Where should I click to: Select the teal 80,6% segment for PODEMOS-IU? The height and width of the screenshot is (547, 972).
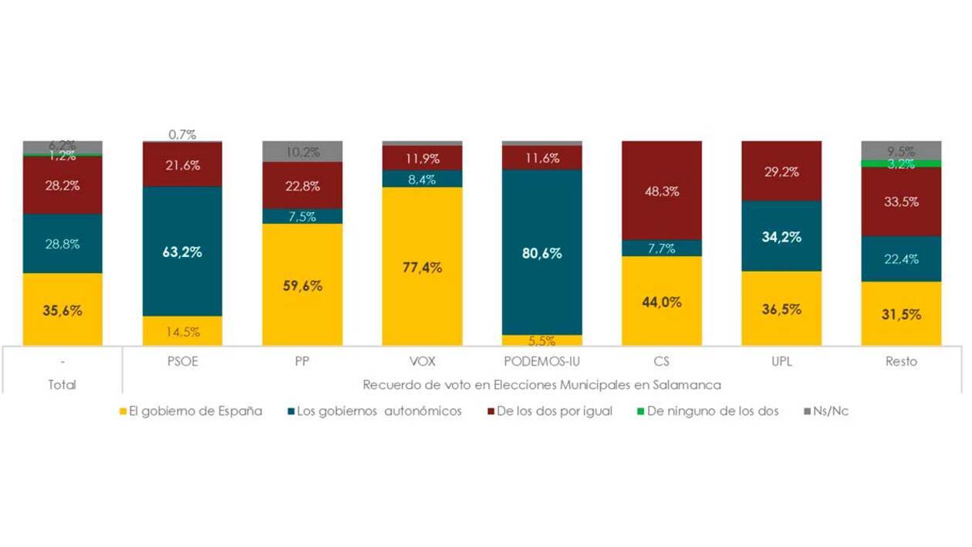(542, 252)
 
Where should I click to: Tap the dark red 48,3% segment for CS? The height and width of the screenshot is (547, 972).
(662, 191)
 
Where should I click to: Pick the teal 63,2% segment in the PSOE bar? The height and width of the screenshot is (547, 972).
(183, 252)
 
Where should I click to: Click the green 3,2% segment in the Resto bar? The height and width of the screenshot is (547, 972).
(901, 164)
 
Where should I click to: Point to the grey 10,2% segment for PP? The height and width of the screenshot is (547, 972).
(302, 152)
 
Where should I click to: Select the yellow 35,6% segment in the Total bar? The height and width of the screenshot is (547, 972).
(62, 309)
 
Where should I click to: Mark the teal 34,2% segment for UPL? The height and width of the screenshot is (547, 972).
(781, 236)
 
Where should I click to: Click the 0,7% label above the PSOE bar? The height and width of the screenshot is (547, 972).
(183, 134)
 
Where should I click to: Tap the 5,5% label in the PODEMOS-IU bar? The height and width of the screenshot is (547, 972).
(542, 341)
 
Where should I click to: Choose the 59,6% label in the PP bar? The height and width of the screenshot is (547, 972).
(302, 285)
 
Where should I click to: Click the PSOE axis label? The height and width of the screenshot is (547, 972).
(183, 362)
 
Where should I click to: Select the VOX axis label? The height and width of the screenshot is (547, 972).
(422, 362)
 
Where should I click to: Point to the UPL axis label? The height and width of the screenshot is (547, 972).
(781, 362)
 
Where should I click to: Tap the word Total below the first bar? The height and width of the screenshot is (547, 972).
(62, 384)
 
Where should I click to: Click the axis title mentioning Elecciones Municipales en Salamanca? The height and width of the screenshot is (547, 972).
(542, 384)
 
